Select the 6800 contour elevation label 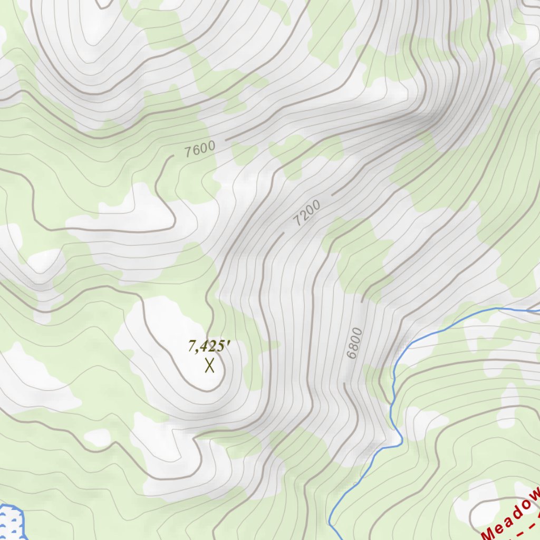pos(355,343)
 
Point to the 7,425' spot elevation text pos(210,346)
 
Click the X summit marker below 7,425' pos(210,365)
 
